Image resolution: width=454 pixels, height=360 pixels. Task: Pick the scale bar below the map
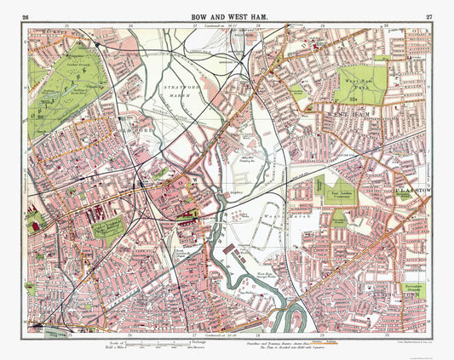tap(153, 343)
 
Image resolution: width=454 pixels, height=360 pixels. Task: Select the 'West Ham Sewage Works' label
tap(269, 273)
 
